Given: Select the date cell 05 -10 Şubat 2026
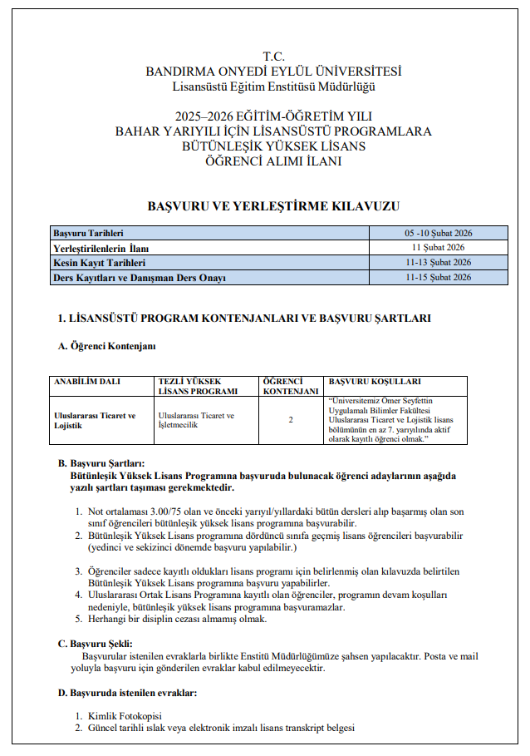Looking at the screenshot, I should pos(439,233).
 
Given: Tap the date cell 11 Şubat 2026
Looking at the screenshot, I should pos(439,248).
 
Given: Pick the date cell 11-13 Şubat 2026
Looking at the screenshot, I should pos(439,263).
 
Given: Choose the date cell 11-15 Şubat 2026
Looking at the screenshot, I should pos(439,278).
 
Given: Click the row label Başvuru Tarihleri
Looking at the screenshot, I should pos(88,233).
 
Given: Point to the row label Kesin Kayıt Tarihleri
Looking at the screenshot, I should pos(100,263).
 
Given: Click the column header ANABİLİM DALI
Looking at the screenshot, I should pos(87,382).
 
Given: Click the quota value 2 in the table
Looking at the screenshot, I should pos(291,420).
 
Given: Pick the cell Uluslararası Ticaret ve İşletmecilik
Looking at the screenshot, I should pos(196,420).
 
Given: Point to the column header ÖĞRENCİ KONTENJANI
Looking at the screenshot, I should pos(291,386).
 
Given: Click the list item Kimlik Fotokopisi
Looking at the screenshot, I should pos(125,716).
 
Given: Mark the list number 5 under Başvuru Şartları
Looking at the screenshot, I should pos(79,619).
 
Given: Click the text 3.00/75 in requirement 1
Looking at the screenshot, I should pos(159,511).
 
